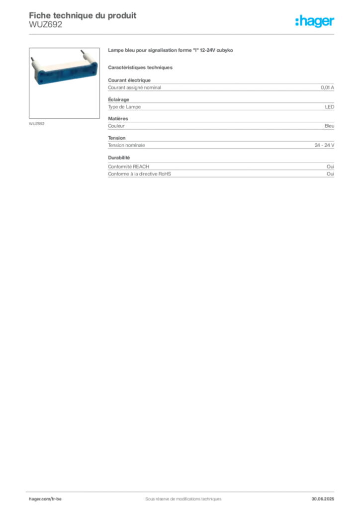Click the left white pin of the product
(x=33, y=62)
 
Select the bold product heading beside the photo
(x=171, y=52)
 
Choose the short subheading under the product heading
(x=141, y=67)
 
